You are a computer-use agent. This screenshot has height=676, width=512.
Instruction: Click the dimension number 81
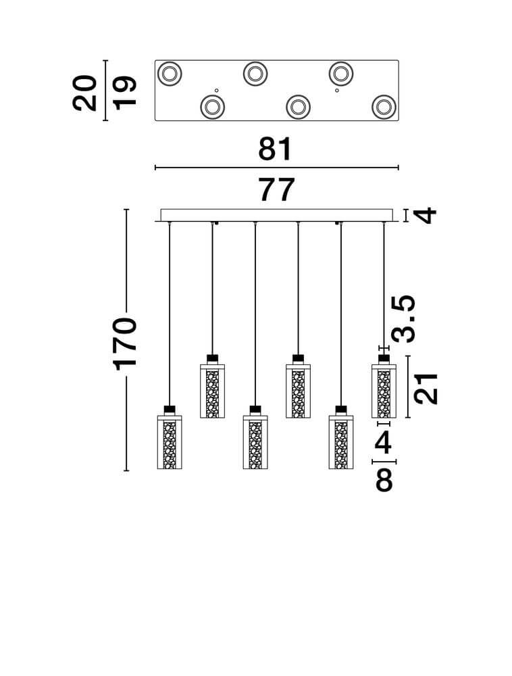(x=275, y=149)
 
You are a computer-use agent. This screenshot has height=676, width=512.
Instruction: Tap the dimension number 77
(x=277, y=190)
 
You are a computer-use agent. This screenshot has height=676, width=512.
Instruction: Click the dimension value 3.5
(x=403, y=318)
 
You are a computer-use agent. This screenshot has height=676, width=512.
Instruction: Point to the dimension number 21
(x=426, y=389)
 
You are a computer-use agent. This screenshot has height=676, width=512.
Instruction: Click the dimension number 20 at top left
(x=85, y=93)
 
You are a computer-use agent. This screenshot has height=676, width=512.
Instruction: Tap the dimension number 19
(x=124, y=93)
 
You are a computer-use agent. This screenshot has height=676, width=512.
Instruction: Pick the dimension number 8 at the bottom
(x=384, y=480)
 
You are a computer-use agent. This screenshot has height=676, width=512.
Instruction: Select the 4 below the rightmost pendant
(x=383, y=442)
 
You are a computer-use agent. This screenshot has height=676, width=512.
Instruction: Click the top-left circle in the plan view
(x=170, y=74)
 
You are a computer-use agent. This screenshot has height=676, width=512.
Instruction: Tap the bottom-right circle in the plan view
(x=384, y=107)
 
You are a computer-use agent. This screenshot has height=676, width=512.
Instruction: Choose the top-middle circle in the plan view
(x=255, y=74)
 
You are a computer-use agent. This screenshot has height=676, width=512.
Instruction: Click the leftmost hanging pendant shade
(x=170, y=442)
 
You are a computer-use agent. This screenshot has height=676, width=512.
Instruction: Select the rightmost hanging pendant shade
(x=384, y=391)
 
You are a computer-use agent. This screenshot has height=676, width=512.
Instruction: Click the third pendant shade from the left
(x=255, y=442)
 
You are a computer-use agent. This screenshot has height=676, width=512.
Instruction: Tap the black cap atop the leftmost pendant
(x=170, y=409)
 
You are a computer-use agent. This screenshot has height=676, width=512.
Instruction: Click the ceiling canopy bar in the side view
(x=276, y=215)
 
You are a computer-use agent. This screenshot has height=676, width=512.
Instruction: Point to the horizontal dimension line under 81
(x=277, y=167)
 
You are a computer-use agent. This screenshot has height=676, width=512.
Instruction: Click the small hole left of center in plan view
(x=217, y=90)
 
